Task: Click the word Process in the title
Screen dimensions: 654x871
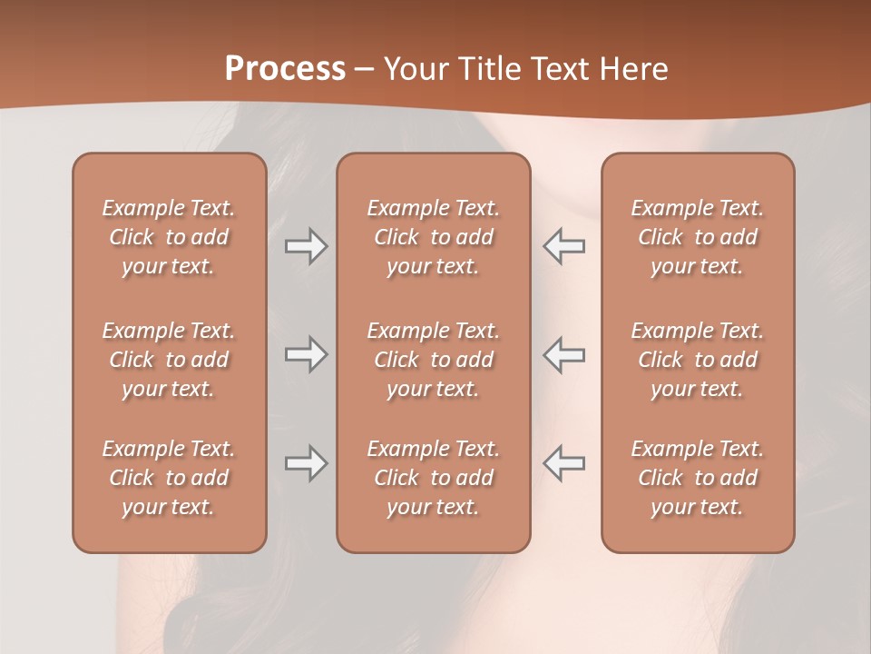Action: (285, 69)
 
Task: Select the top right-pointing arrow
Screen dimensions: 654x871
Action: (306, 246)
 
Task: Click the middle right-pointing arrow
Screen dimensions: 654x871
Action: (306, 354)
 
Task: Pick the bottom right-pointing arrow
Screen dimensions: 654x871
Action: (306, 463)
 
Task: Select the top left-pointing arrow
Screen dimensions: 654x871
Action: (564, 246)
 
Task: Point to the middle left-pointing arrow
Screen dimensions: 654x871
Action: (564, 354)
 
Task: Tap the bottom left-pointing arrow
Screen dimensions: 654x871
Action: (564, 463)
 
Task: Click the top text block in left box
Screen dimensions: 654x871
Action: (169, 237)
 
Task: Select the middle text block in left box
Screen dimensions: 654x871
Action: (169, 360)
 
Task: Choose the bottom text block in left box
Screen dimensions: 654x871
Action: (169, 478)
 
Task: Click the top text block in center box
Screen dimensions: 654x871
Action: (434, 237)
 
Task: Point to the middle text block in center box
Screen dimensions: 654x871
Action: (434, 360)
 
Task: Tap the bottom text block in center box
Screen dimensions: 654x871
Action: (434, 478)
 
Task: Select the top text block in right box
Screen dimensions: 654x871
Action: (698, 237)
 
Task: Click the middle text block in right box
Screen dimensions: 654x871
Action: (698, 360)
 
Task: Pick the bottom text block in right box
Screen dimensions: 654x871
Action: (698, 478)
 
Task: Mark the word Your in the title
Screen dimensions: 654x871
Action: (416, 69)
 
